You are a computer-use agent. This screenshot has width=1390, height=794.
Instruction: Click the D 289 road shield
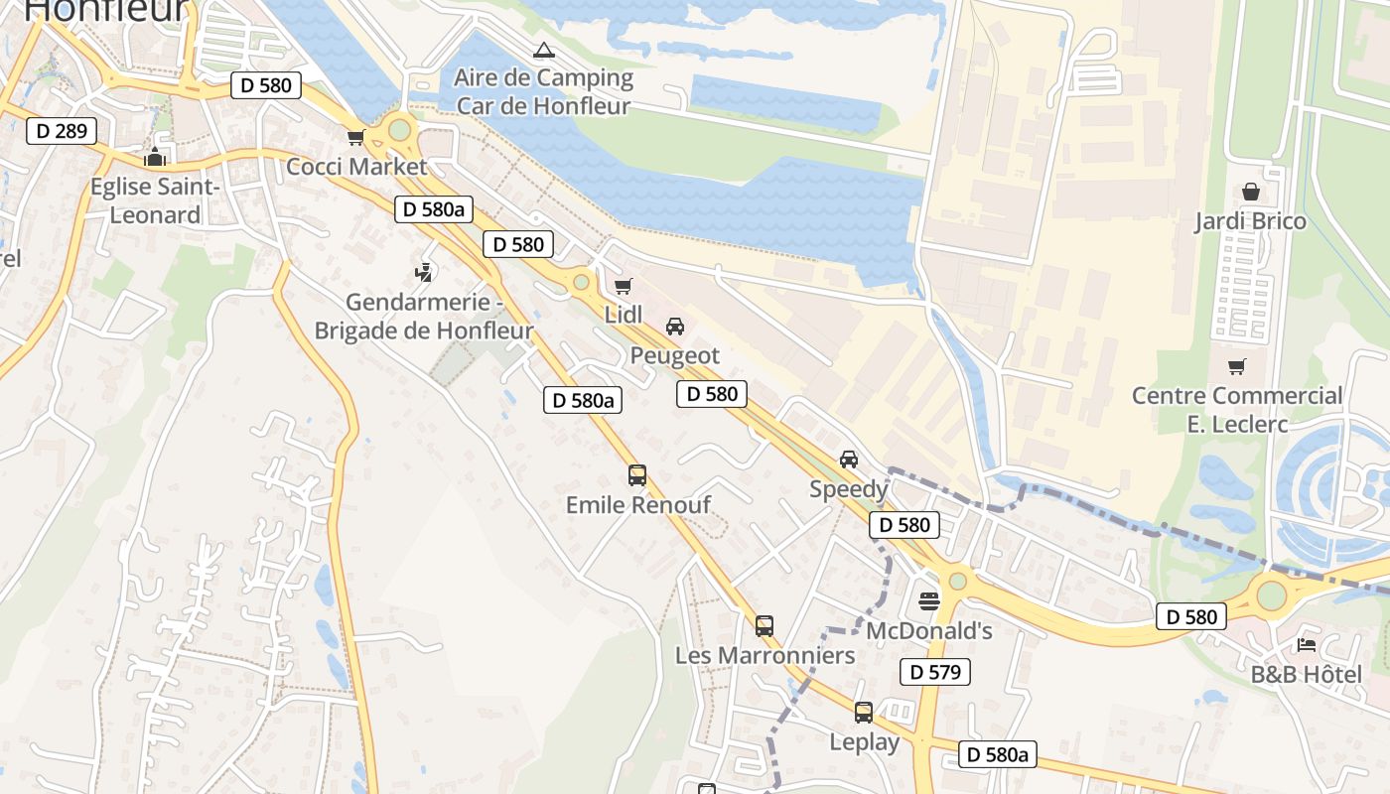click(62, 131)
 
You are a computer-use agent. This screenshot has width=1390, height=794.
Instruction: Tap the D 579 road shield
click(934, 672)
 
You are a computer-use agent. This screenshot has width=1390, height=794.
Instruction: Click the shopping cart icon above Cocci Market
click(354, 137)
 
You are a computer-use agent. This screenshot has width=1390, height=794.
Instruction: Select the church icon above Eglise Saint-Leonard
click(154, 157)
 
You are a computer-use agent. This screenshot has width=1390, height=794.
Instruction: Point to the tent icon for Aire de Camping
click(542, 51)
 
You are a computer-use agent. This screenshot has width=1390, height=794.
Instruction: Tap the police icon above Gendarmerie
click(424, 271)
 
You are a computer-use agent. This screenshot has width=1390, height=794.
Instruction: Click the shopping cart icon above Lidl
click(623, 287)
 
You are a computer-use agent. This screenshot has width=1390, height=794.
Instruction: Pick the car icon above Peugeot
click(675, 327)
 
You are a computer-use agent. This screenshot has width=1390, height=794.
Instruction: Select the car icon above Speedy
click(848, 460)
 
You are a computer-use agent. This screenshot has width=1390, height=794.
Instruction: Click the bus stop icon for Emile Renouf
click(637, 475)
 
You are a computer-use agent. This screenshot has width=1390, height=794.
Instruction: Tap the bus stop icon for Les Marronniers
click(764, 626)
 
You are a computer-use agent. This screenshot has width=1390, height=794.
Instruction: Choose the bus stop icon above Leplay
click(864, 713)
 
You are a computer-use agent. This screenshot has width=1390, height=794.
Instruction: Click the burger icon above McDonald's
click(929, 600)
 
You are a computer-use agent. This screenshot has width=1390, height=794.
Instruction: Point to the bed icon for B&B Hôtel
click(1306, 645)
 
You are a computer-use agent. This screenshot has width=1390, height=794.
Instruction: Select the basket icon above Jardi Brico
click(1250, 192)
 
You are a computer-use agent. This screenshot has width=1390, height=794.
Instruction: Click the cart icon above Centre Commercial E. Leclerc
click(1236, 367)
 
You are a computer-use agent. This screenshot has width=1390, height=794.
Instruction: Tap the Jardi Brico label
click(1250, 220)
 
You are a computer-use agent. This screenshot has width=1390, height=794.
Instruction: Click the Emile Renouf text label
click(637, 505)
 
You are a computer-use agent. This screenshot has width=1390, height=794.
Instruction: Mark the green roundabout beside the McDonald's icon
click(957, 581)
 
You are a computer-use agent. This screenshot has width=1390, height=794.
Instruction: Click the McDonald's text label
click(929, 631)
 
